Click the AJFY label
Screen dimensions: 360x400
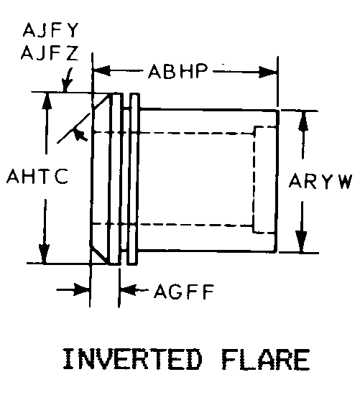click(x=50, y=30)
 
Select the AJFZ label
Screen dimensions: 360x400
click(x=50, y=53)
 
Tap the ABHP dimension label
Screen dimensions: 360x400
click(x=178, y=71)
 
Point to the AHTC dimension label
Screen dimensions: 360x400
click(x=37, y=176)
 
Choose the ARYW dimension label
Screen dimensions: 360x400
click(x=320, y=181)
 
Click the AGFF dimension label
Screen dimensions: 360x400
click(x=184, y=292)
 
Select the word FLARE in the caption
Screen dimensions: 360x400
click(x=266, y=360)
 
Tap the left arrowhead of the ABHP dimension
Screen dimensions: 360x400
click(x=101, y=70)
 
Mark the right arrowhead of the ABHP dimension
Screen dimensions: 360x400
click(x=268, y=72)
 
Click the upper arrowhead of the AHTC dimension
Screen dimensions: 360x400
click(x=47, y=101)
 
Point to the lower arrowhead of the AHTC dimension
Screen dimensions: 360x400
click(x=45, y=254)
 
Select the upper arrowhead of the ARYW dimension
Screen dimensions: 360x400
click(x=303, y=121)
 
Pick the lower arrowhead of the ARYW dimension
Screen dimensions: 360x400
click(x=301, y=242)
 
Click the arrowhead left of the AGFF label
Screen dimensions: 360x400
click(x=129, y=290)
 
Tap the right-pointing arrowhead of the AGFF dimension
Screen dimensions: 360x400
click(x=81, y=289)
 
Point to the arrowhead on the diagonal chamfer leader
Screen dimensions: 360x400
click(x=80, y=134)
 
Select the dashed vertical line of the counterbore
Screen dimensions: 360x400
click(x=254, y=180)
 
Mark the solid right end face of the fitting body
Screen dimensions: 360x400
click(x=277, y=181)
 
